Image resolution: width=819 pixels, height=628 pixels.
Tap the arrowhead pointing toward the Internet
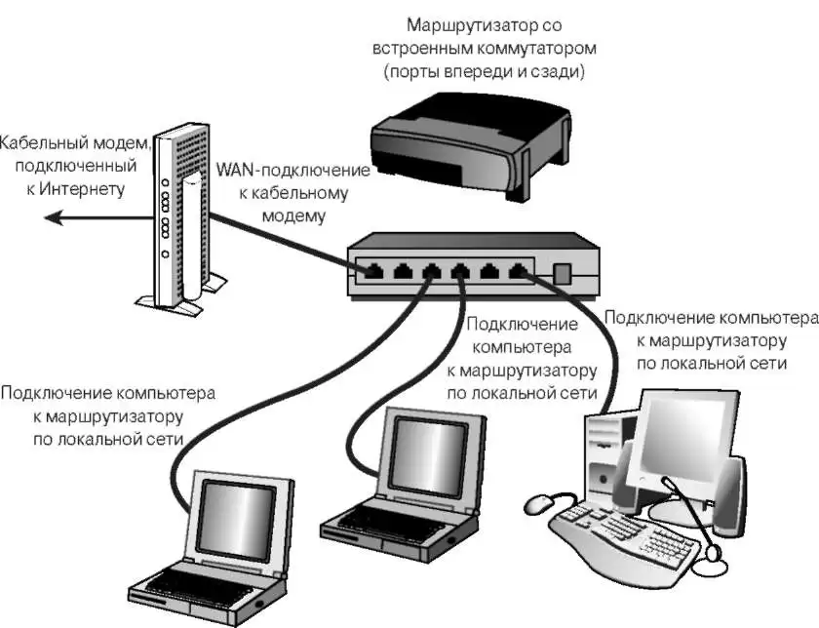point(54,220)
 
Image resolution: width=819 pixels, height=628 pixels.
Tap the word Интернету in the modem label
point(82,188)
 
